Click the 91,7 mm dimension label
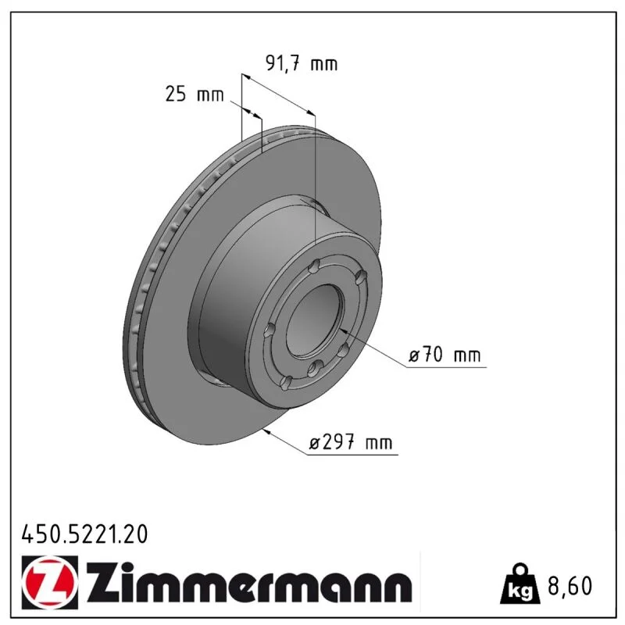click(x=302, y=63)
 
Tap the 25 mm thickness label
click(x=195, y=95)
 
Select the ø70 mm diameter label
click(x=445, y=355)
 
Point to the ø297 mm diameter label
click(x=351, y=442)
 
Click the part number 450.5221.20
click(x=84, y=534)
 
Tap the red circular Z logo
click(x=48, y=582)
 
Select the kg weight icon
click(x=520, y=584)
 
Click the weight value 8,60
click(x=570, y=585)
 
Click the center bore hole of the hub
click(x=315, y=321)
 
